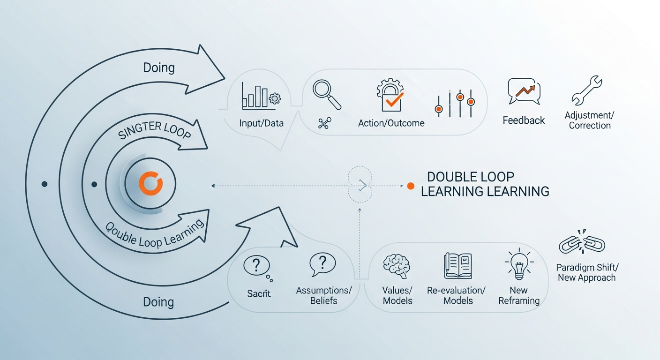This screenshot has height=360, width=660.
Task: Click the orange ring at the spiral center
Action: [150, 183]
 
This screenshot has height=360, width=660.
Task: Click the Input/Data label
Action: [261, 123]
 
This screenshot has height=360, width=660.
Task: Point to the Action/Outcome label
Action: [391, 123]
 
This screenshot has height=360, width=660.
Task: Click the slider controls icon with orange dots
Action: [455, 103]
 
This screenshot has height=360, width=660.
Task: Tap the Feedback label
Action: [524, 120]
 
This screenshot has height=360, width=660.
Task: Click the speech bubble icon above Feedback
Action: [524, 91]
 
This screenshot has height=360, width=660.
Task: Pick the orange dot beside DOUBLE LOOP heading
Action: [411, 186]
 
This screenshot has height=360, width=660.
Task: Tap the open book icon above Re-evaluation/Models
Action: [457, 266]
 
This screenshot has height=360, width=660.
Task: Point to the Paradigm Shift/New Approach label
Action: [587, 272]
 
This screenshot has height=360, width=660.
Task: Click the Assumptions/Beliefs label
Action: [323, 295]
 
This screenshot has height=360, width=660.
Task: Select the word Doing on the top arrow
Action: [159, 67]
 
